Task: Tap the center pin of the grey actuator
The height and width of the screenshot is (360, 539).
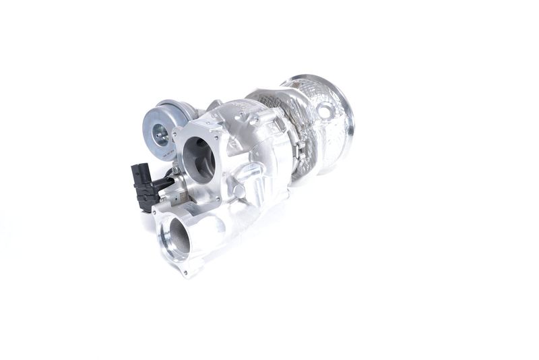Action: pos(160,136)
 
